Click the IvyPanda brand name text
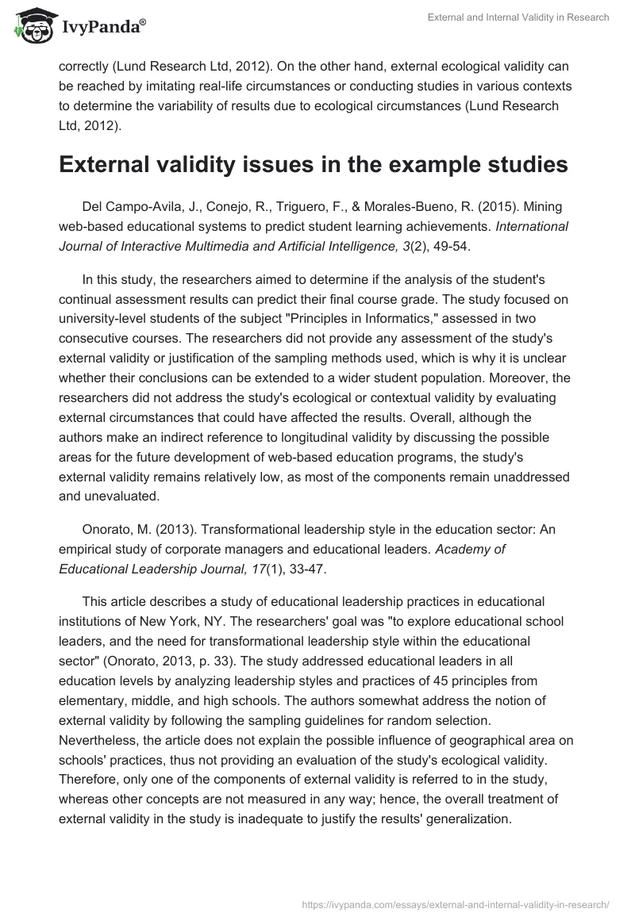click(102, 28)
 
